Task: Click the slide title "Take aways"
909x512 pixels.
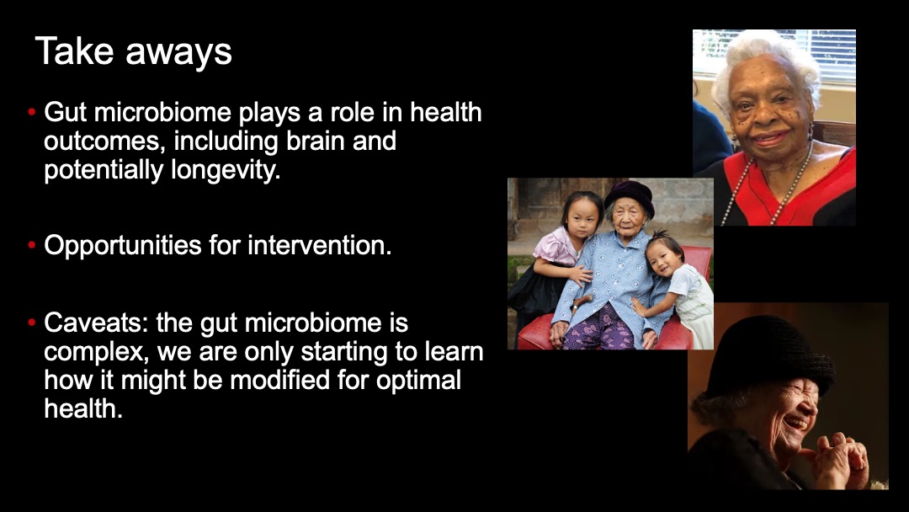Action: [x=133, y=51]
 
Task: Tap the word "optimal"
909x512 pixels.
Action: [x=418, y=381]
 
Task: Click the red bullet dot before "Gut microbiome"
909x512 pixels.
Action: [x=32, y=112]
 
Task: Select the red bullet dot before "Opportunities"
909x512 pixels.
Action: [x=32, y=245]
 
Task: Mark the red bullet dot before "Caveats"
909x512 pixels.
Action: [x=32, y=323]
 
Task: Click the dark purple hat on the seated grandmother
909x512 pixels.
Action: [x=630, y=195]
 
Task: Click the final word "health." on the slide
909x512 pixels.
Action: [x=82, y=408]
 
